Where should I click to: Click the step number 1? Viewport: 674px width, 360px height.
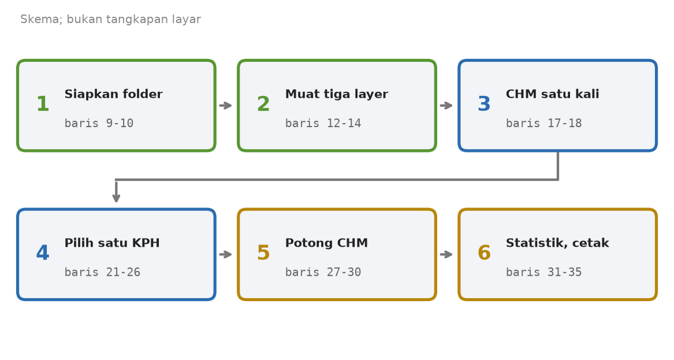(x=43, y=104)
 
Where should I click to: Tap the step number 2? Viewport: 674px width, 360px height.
(x=263, y=104)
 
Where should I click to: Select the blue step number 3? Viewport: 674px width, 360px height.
(x=484, y=104)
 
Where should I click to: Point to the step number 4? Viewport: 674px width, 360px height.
(x=43, y=253)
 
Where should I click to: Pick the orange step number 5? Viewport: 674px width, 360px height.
(x=263, y=253)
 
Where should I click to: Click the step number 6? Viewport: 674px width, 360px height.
(x=484, y=253)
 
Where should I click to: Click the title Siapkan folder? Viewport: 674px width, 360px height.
(x=113, y=94)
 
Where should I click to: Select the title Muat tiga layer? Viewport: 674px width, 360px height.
(x=337, y=94)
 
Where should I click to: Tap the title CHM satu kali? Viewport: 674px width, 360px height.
(x=552, y=94)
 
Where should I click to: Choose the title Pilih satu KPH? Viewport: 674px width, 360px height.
(x=112, y=243)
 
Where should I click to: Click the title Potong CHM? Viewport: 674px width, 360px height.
(x=327, y=243)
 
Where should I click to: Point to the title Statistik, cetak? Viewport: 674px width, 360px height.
(x=557, y=243)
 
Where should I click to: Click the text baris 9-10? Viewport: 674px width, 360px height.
(x=99, y=124)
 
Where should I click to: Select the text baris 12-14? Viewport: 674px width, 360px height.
(x=323, y=124)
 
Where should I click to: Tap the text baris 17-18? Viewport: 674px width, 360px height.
(x=543, y=124)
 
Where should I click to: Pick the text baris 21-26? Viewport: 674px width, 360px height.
(x=102, y=272)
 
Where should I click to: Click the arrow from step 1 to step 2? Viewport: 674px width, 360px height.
(x=226, y=105)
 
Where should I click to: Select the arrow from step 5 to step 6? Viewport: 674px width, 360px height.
(x=446, y=254)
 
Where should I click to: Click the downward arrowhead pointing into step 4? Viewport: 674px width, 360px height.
(x=116, y=198)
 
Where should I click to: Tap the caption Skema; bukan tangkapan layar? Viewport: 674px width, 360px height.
(x=110, y=19)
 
